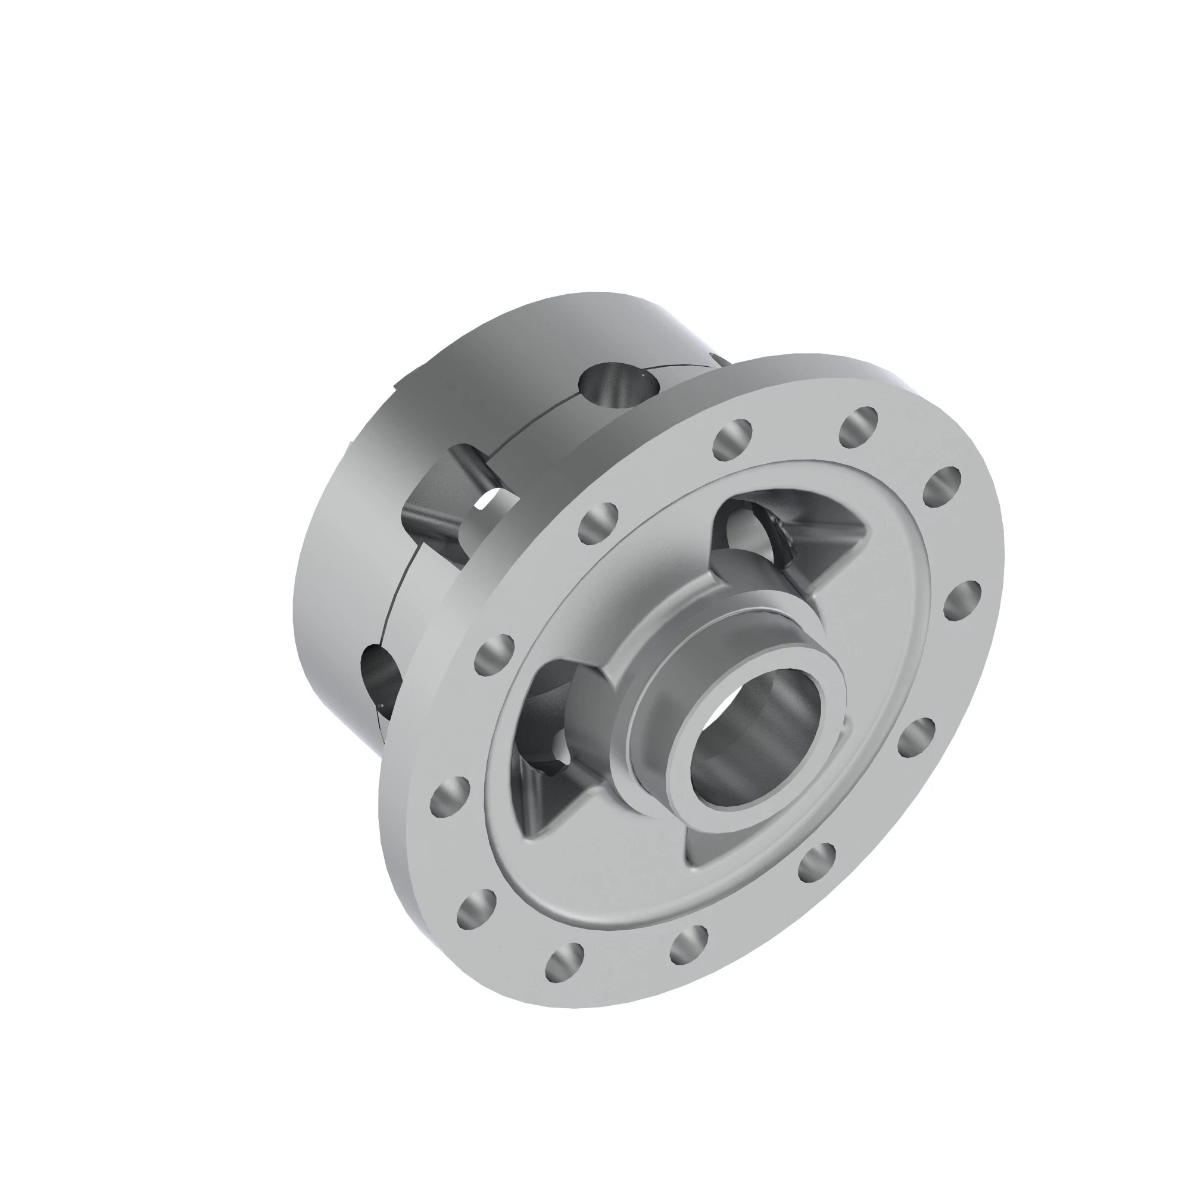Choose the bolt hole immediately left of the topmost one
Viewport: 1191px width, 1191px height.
coord(732,438)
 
